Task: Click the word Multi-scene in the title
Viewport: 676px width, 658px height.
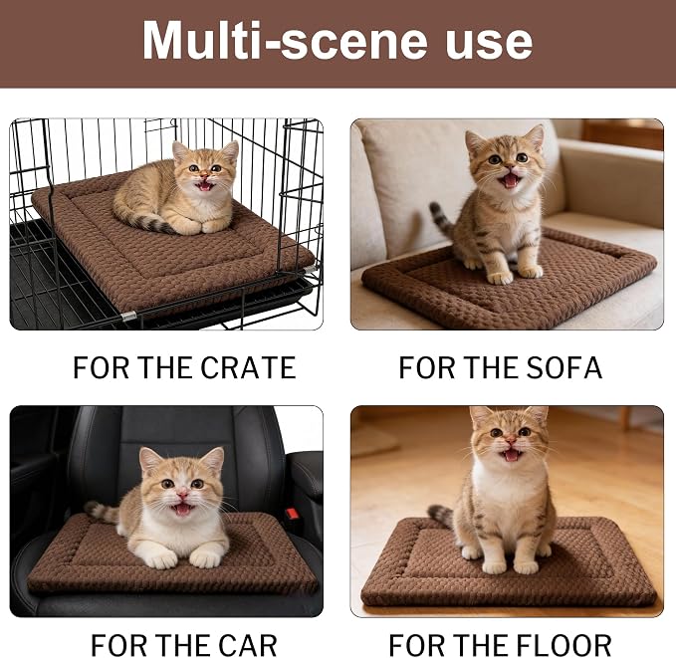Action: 285,40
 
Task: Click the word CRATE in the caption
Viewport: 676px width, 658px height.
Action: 248,367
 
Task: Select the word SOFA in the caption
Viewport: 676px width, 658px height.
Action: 563,367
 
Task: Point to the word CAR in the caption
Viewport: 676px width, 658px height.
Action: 248,645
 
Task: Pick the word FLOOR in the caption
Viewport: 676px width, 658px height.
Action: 563,645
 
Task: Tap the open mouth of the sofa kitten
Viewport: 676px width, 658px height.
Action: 511,179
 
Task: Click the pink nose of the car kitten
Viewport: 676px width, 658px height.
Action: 183,493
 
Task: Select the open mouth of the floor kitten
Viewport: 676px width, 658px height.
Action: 512,455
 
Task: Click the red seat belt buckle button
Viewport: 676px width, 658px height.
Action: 292,513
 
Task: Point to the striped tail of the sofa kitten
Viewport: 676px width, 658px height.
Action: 442,219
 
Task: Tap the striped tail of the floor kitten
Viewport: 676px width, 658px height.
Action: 441,516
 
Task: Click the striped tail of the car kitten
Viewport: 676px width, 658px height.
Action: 102,512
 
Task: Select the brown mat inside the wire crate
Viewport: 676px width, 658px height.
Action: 172,255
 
